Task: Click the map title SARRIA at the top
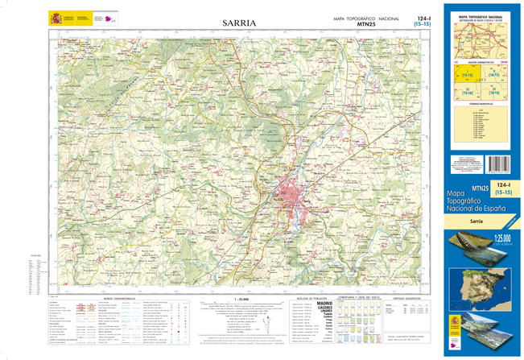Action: [239, 23]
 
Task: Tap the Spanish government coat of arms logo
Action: [56, 18]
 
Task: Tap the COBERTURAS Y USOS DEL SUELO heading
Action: [367, 297]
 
